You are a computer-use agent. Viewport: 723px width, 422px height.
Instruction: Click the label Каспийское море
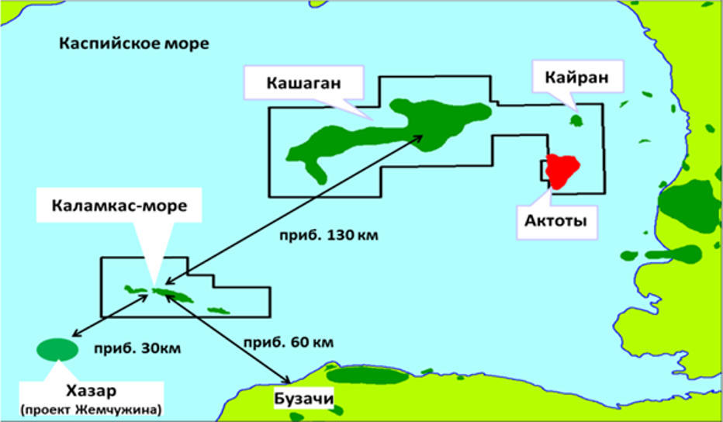click(x=134, y=43)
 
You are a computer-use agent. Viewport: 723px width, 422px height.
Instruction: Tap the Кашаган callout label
click(x=303, y=82)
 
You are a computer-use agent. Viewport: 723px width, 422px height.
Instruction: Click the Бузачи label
click(x=303, y=400)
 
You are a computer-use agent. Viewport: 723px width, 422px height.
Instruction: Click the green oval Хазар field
click(x=57, y=350)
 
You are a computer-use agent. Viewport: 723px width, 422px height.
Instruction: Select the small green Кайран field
click(x=576, y=120)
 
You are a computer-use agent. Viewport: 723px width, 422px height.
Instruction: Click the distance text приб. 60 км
click(x=288, y=342)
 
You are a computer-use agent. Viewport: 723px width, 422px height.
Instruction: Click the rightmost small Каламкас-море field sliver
click(x=218, y=311)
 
